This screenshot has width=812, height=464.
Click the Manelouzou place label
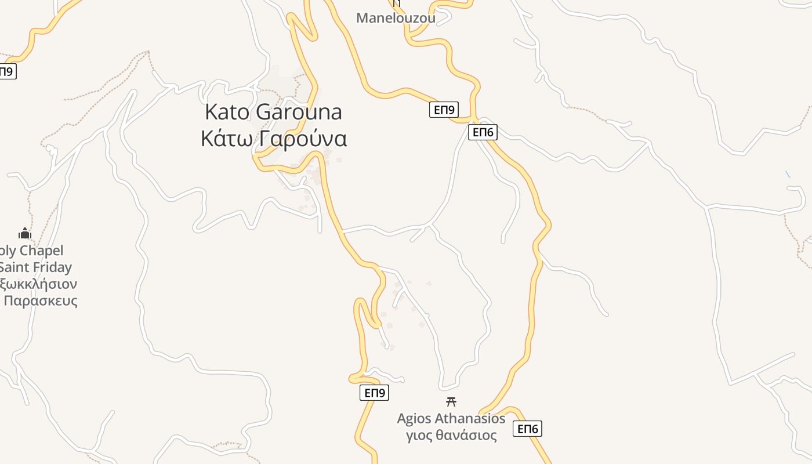(396, 18)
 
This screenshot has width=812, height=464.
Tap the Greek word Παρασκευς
(40, 301)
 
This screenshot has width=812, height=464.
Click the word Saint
(13, 267)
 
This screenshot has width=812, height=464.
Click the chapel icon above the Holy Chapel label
(24, 234)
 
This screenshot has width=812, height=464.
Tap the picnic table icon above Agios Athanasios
(451, 401)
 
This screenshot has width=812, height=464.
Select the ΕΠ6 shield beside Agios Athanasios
(527, 429)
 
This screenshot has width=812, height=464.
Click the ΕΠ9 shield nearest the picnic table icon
(374, 393)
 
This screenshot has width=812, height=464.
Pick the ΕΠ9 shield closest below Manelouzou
(444, 110)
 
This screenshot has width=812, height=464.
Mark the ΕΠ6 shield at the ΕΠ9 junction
(483, 132)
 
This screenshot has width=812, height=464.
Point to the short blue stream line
(788, 174)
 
